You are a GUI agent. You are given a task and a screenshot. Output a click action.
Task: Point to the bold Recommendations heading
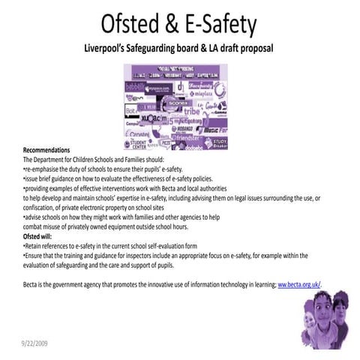(x=46, y=150)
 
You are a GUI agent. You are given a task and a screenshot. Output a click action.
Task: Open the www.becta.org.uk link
(x=298, y=284)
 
